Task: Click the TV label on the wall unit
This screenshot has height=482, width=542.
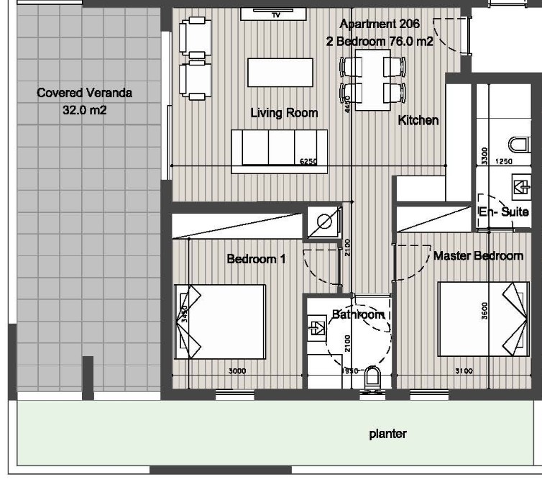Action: pos(276,14)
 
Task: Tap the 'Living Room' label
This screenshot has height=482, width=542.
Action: pos(284,113)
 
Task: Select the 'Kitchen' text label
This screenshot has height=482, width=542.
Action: pos(418,120)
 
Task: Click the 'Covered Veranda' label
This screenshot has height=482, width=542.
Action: pos(85,93)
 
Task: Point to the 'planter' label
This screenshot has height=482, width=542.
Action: pos(387,434)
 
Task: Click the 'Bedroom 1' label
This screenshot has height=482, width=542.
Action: pos(256,259)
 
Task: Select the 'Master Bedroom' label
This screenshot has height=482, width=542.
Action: pos(478,255)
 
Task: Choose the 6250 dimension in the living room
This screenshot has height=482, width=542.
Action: pos(308,162)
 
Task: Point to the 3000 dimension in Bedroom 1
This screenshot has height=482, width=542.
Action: pos(237,371)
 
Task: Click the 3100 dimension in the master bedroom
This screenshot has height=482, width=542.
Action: pos(464,371)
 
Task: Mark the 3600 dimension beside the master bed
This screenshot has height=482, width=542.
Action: pos(486,311)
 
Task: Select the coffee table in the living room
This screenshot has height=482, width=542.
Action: pos(280,73)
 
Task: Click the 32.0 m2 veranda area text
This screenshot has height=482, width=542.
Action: pos(85,111)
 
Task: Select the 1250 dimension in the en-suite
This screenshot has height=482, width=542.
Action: pos(505,162)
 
